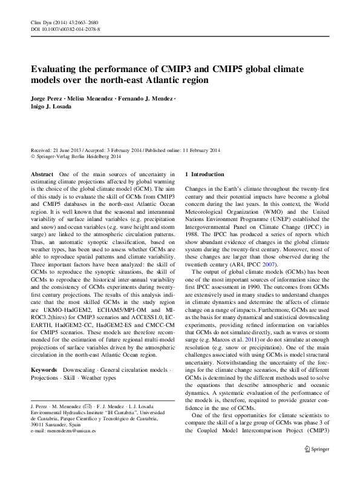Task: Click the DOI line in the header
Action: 65,28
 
